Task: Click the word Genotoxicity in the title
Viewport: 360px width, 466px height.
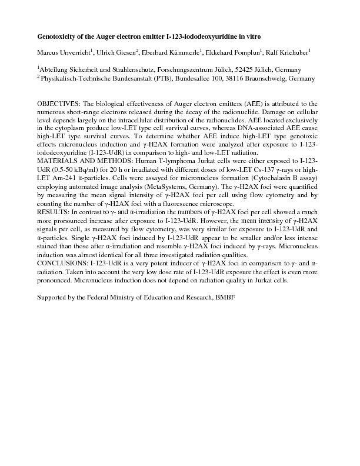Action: (58, 36)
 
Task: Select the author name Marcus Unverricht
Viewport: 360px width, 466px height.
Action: (62, 53)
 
